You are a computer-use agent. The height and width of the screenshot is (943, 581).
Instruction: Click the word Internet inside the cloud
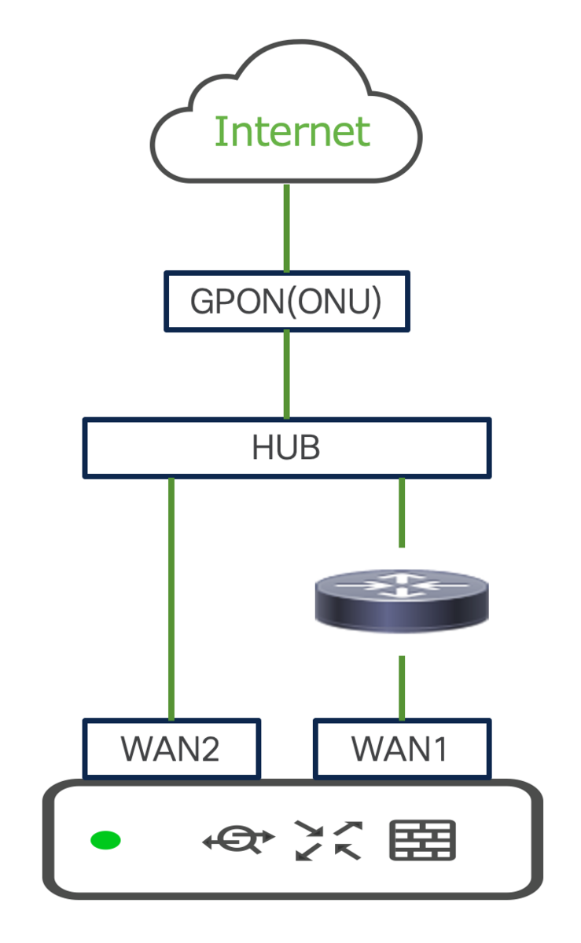point(292,132)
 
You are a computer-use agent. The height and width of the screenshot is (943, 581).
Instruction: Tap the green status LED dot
point(105,841)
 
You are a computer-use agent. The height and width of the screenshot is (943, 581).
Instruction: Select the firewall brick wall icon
point(423,840)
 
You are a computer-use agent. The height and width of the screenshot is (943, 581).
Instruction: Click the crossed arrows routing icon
point(328,840)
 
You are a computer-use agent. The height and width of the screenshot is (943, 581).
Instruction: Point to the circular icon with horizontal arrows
point(238,840)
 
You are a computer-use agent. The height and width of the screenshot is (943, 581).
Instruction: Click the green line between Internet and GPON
point(287,228)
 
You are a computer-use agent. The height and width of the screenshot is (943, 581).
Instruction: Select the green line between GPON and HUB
point(287,374)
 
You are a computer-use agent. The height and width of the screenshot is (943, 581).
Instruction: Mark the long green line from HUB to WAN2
point(171,597)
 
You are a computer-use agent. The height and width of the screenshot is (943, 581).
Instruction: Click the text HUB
point(286,448)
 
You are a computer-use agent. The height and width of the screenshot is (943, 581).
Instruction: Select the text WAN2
point(170,749)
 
